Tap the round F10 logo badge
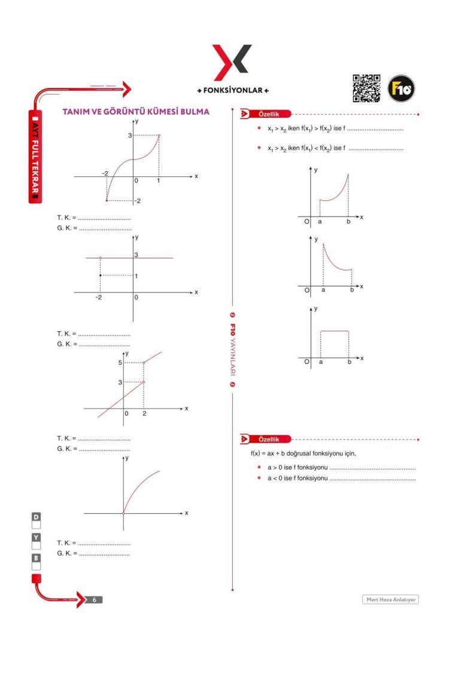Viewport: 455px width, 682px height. (401, 89)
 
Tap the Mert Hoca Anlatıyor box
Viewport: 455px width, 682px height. (390, 599)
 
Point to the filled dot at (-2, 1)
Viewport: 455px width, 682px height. (100, 275)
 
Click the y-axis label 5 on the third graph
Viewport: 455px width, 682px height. (120, 363)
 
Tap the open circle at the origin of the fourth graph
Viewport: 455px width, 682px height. (123, 513)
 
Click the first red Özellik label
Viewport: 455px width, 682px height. (272, 114)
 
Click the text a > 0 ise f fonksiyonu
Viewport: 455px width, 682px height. (298, 467)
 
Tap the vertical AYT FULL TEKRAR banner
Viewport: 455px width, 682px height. (35, 156)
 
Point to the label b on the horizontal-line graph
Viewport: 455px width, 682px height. (349, 363)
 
